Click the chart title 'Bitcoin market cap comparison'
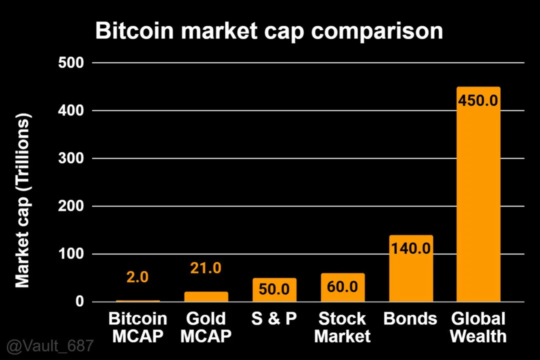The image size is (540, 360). coord(269,31)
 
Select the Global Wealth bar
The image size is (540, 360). coord(478,200)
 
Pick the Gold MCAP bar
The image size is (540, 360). coord(206,296)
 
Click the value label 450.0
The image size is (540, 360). coord(478,100)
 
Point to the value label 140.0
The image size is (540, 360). coord(410,248)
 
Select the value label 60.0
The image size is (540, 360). coord(342,287)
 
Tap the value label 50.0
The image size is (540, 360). coord(274,289)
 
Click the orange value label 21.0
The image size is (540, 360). coord(205,268)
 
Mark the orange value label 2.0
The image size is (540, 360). coord(137,277)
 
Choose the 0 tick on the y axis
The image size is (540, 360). coord(79,302)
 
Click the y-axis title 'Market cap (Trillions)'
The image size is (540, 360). coord(22,200)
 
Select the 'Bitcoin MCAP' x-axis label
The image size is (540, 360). coord(137,327)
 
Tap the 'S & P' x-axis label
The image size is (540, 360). coord(274,319)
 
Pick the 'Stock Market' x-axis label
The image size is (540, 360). coord(342,327)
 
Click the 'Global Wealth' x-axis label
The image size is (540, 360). coord(478,327)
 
